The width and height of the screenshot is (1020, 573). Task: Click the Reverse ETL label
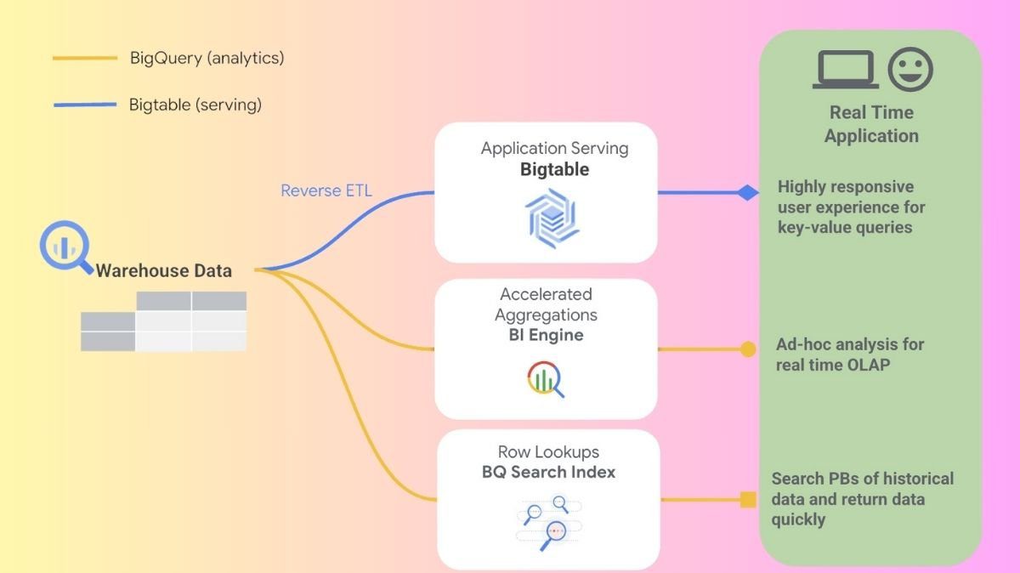point(326,190)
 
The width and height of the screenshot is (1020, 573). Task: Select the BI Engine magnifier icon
point(546,379)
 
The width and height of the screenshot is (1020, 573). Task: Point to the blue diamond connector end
point(748,193)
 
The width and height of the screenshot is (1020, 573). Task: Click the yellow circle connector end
point(748,349)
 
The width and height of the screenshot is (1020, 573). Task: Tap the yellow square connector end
point(748,499)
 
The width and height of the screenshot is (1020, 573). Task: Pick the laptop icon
point(845,70)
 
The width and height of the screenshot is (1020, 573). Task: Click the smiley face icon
point(910,70)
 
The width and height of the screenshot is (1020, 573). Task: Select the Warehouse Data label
point(163,271)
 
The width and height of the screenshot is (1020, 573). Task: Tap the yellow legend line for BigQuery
point(84,59)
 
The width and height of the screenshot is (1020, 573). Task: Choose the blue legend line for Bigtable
point(84,105)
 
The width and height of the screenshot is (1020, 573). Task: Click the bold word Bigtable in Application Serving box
point(554,169)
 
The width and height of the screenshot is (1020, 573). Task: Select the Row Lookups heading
point(547,452)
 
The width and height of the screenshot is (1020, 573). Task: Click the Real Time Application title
point(871,124)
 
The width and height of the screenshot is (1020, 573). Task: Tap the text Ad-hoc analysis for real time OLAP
point(849,355)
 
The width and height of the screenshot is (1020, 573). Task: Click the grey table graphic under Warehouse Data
point(163,321)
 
